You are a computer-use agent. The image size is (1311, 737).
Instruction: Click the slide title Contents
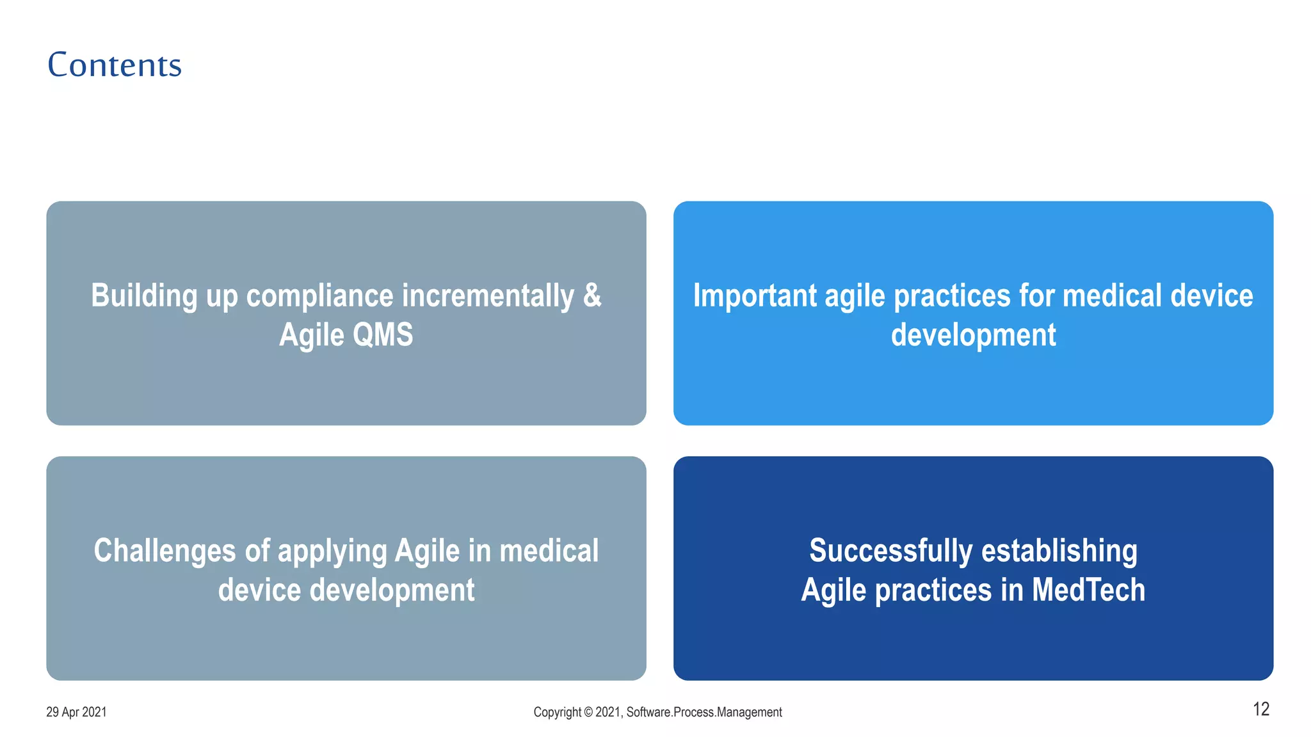(x=115, y=65)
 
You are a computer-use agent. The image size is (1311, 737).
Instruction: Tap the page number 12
(x=1260, y=709)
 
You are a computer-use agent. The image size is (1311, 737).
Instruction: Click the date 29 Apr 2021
(x=76, y=712)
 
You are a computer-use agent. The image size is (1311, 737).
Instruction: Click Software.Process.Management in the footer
(x=704, y=712)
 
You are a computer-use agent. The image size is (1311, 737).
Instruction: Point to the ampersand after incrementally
(x=593, y=296)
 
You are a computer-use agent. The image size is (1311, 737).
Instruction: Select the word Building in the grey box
(x=144, y=296)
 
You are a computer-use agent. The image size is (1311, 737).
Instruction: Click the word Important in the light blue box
(x=755, y=296)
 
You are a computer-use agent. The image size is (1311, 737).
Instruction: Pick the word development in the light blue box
(x=973, y=335)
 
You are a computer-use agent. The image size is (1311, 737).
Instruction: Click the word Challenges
(x=165, y=551)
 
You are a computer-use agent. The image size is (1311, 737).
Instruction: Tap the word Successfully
(x=890, y=551)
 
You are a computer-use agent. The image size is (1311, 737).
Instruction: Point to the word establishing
(x=1059, y=551)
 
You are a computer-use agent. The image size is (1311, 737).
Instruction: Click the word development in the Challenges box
(x=392, y=590)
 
